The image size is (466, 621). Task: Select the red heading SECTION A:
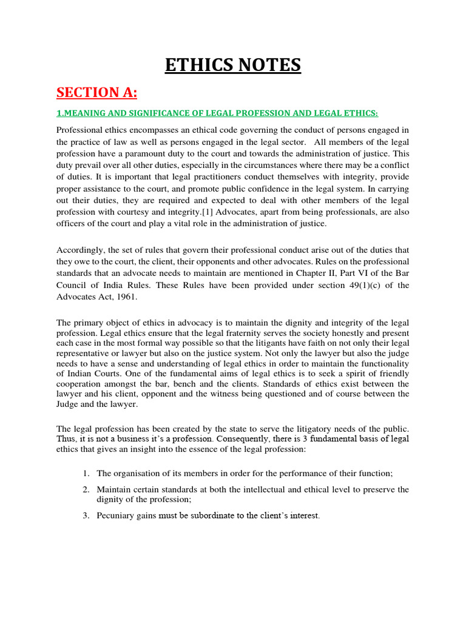tap(97, 92)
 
